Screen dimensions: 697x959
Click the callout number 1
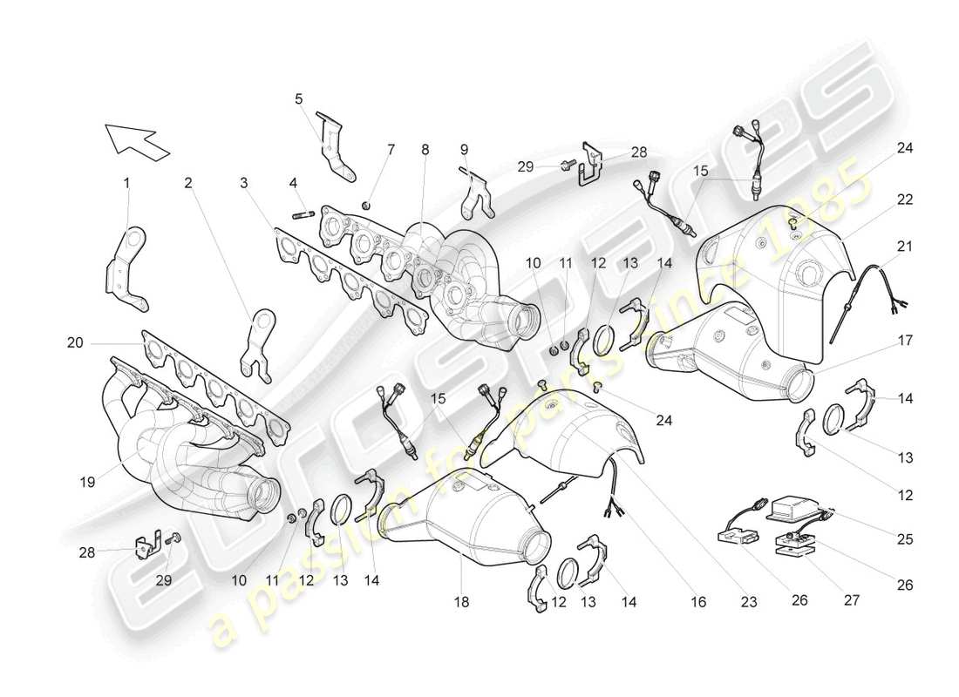pos(126,183)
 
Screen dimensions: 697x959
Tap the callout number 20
pos(75,344)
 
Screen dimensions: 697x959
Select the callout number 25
pos(906,540)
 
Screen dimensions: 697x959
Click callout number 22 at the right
pos(905,200)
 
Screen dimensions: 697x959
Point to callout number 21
pos(905,247)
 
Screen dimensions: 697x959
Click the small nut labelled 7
pos(367,205)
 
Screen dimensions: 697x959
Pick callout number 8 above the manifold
pos(425,150)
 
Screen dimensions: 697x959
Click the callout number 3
pos(245,183)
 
